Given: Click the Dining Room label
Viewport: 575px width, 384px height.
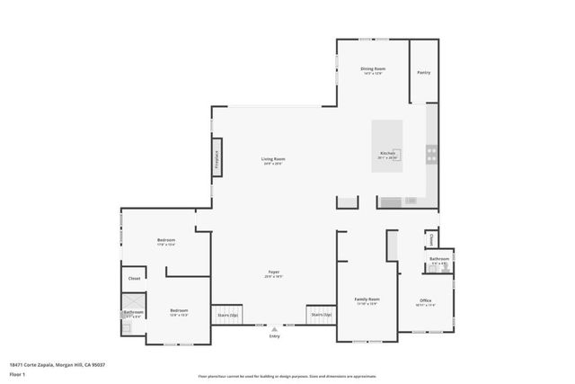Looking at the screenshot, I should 373,69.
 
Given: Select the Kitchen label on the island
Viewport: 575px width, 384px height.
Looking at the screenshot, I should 387,154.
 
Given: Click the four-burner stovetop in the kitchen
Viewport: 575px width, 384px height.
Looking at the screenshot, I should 431,154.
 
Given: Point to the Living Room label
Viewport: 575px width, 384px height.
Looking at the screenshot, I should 273,159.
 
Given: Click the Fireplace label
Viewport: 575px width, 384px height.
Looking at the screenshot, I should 217,160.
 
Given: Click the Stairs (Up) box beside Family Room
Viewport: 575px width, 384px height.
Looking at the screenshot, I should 321,315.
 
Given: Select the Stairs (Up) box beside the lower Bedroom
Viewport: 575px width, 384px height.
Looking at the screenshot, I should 227,316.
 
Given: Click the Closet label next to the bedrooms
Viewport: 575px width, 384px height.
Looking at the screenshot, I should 134,279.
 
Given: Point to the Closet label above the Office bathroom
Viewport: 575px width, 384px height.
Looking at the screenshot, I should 431,239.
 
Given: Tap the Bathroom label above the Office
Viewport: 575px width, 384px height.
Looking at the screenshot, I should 438,259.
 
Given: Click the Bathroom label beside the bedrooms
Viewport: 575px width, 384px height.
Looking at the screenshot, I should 134,312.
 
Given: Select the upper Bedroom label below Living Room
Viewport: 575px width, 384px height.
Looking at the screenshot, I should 166,240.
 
